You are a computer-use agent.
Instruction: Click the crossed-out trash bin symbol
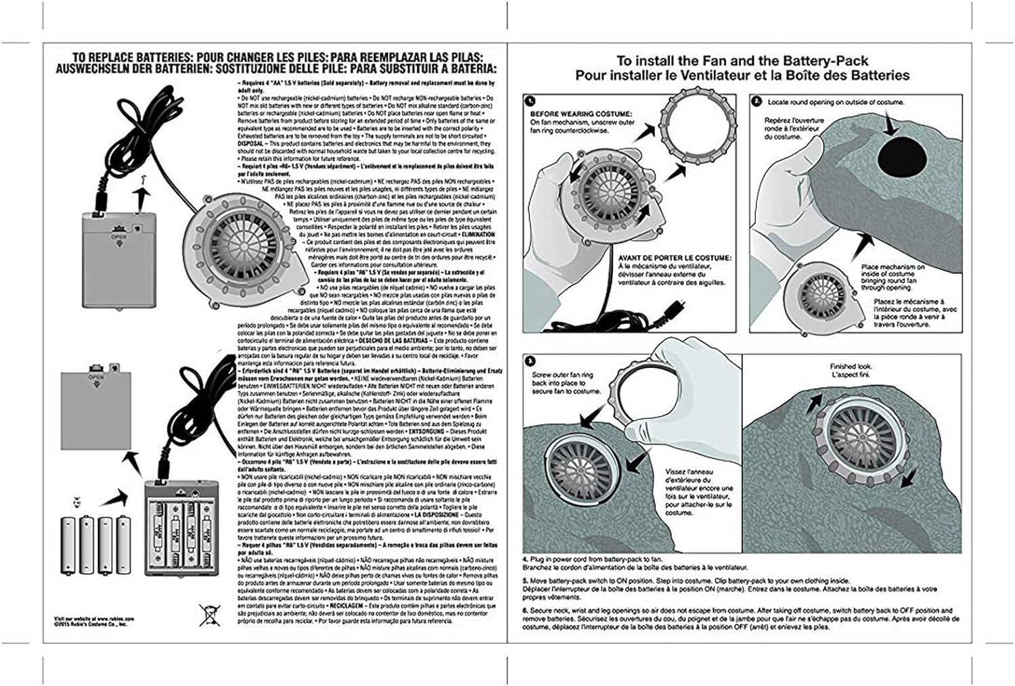(x=208, y=614)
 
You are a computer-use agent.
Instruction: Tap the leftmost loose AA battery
(x=68, y=545)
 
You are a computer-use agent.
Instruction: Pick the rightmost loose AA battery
(x=123, y=545)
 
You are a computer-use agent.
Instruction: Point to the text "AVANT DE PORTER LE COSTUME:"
(x=673, y=258)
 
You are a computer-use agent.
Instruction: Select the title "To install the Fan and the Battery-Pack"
(x=742, y=60)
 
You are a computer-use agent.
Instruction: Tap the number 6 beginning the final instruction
(x=524, y=610)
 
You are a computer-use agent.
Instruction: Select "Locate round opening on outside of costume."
(x=836, y=102)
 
